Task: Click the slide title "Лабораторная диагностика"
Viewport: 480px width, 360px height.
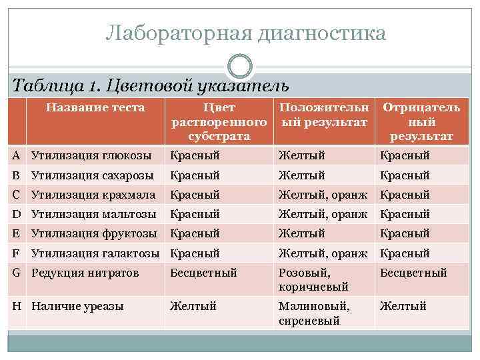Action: coord(245,33)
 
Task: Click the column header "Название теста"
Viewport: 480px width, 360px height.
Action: coord(95,107)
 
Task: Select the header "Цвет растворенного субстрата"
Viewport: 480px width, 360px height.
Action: coord(219,122)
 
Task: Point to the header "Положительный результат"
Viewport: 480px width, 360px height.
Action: coord(323,115)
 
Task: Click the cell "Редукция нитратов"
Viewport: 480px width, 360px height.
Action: coord(85,273)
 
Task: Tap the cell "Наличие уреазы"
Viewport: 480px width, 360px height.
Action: coord(77,306)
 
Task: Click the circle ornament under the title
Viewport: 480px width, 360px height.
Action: coord(240,67)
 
